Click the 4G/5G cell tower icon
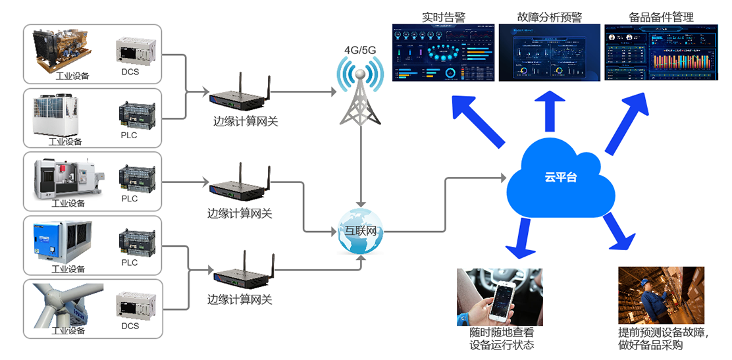359,92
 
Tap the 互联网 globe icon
360,231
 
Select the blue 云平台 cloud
560,178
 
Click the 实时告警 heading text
443,17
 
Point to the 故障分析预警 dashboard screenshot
549,53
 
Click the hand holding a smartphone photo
500,297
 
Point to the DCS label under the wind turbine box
130,326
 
